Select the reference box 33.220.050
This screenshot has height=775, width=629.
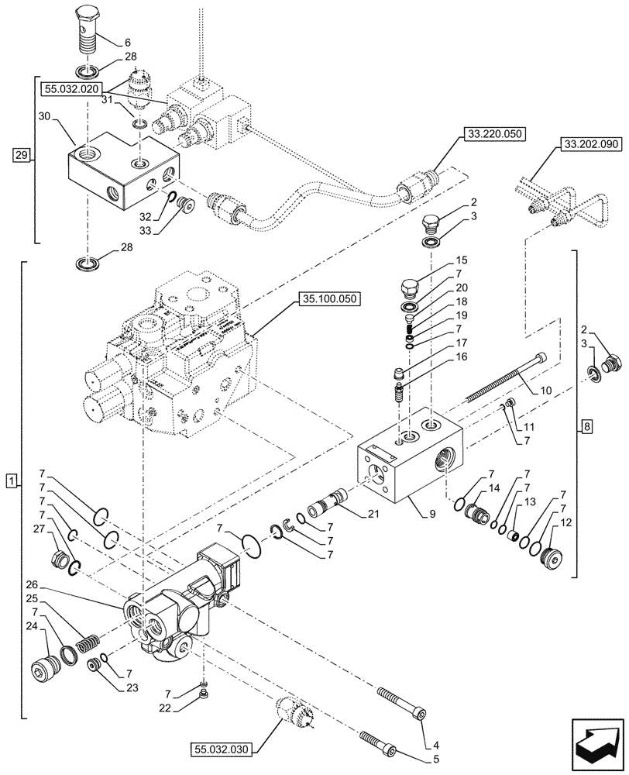tap(496, 134)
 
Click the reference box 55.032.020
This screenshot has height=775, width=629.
tap(73, 90)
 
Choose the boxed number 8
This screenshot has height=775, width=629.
tap(586, 425)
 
